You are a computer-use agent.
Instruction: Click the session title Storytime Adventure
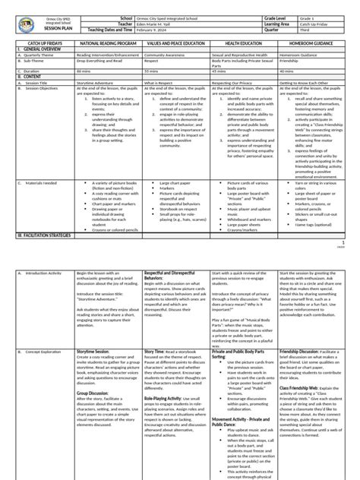(95, 81)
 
